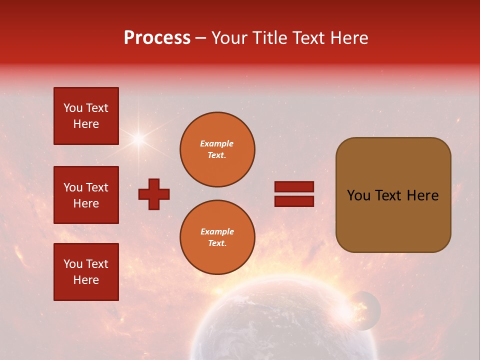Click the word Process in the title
pos(157,37)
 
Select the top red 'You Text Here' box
pos(86,116)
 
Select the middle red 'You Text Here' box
pos(86,195)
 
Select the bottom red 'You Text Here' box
pos(86,272)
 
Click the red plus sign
pos(154,194)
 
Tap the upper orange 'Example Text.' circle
pos(217,149)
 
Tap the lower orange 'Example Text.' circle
pos(217,237)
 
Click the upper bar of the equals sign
pos(294,187)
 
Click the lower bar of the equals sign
pos(294,201)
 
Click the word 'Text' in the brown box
pos(393,195)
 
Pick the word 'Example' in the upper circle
pos(216,143)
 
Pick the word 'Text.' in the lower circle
pos(216,243)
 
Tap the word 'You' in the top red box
pos(73,108)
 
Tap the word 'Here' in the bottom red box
pos(86,280)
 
